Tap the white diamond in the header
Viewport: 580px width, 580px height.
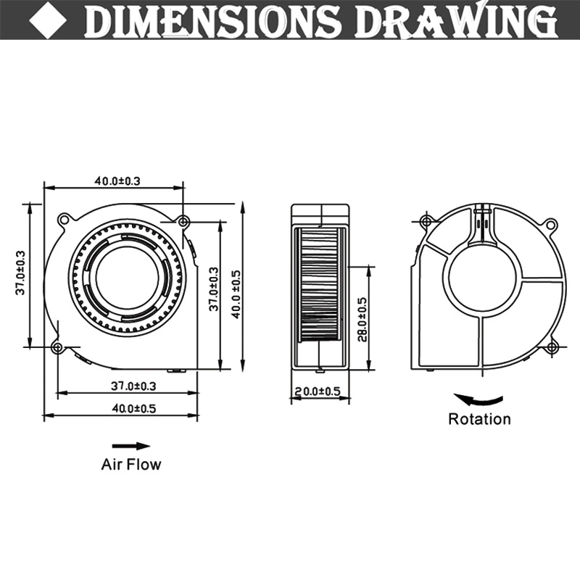[x=48, y=20]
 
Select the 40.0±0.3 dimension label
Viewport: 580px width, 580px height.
[x=117, y=181]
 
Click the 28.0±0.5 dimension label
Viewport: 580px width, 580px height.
[x=362, y=319]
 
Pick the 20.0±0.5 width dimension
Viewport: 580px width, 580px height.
[x=318, y=391]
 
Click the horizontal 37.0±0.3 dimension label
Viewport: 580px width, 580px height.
[x=133, y=386]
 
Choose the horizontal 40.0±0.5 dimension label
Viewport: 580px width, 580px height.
[x=134, y=408]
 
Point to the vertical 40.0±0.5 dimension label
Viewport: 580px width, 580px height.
[x=236, y=294]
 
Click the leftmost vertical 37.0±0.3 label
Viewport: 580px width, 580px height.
[x=20, y=273]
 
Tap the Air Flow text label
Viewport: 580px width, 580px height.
[x=131, y=464]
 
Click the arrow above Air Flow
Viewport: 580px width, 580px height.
[x=131, y=446]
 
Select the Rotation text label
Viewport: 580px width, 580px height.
[x=479, y=419]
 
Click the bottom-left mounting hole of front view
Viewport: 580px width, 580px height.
[x=58, y=348]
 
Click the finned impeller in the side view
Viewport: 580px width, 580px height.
[x=319, y=284]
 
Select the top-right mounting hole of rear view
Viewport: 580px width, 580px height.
[x=551, y=224]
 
